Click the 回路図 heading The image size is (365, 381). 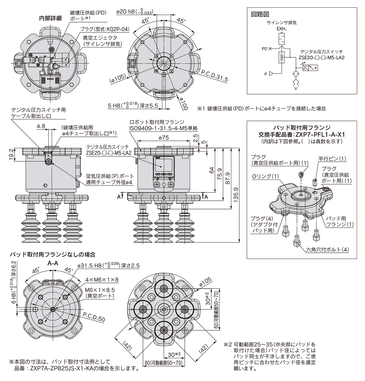260,14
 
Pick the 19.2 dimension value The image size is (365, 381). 11,154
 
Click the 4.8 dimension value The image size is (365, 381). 41,126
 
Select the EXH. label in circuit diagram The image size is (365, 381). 281,29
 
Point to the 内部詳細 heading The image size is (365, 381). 50,18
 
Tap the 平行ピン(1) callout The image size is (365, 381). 332,159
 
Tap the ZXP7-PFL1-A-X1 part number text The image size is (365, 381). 319,135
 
